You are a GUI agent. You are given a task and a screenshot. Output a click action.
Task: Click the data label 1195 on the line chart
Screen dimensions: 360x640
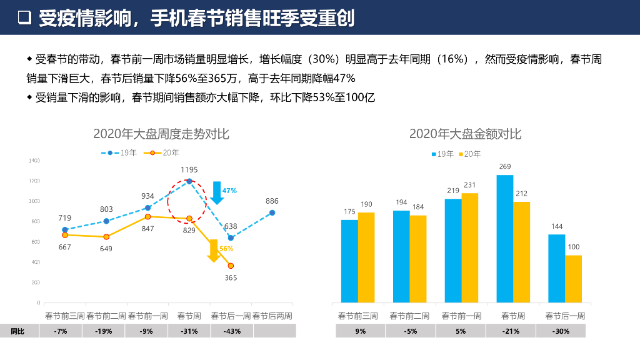(x=189, y=169)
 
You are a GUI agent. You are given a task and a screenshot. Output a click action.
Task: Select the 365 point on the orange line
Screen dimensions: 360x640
(x=231, y=266)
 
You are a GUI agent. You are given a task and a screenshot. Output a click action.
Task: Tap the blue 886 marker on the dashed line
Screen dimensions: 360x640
(x=272, y=212)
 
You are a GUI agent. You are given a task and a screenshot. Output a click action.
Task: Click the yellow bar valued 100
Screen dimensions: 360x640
(x=573, y=279)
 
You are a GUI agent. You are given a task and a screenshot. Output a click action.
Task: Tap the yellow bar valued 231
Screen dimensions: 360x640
(x=470, y=247)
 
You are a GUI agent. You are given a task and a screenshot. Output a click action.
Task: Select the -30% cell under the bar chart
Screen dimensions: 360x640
(x=561, y=331)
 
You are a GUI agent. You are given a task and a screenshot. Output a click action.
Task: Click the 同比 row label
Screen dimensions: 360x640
(x=17, y=331)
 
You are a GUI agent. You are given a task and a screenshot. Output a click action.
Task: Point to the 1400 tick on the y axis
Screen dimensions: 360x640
(x=34, y=161)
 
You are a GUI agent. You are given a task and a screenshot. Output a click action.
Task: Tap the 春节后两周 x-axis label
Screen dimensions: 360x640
(x=272, y=316)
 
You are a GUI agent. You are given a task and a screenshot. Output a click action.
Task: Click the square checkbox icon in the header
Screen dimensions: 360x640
(x=24, y=18)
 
